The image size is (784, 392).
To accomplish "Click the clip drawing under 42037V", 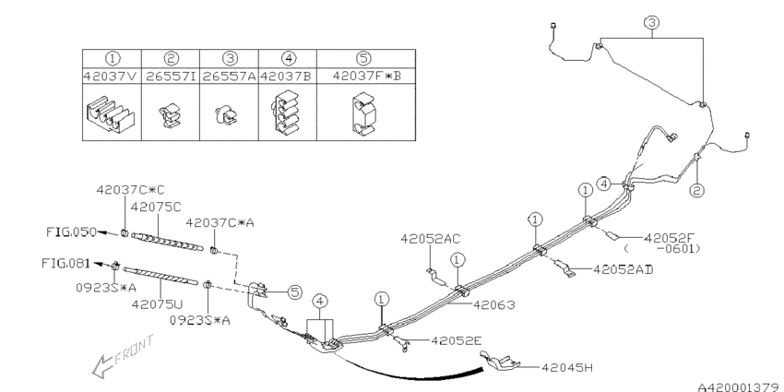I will pos(111,117).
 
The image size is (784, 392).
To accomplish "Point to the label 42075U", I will pos(156,303).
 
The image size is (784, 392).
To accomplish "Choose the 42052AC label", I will pos(430,238).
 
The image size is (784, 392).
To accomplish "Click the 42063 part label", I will pos(495,303).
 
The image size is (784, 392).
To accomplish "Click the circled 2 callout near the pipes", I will pos(697,191).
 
